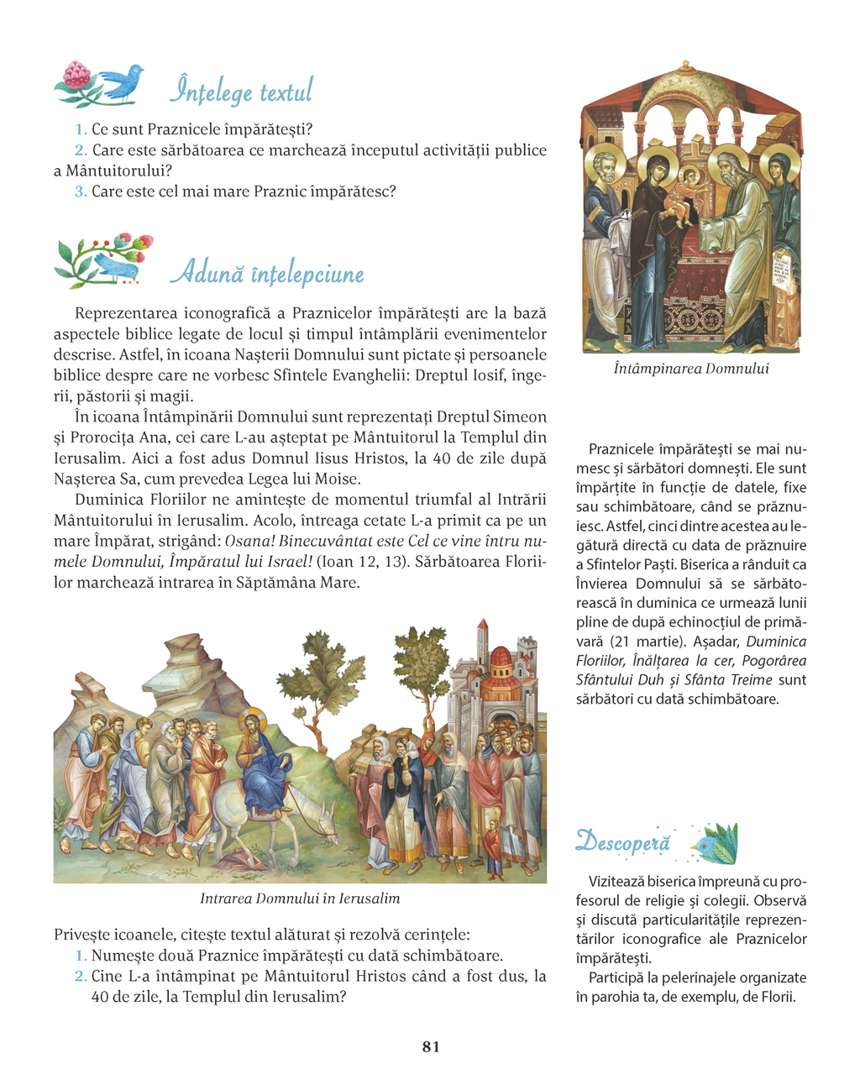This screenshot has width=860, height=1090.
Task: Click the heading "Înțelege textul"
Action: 241,91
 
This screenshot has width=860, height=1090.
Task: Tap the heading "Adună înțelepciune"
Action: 267,273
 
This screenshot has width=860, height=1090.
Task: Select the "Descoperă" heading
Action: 623,841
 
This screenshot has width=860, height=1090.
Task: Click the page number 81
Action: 431,1046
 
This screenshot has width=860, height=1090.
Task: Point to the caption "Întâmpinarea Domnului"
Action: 690,369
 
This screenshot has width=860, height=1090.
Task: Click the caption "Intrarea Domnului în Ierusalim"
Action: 300,899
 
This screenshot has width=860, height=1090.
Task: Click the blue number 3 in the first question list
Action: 81,191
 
